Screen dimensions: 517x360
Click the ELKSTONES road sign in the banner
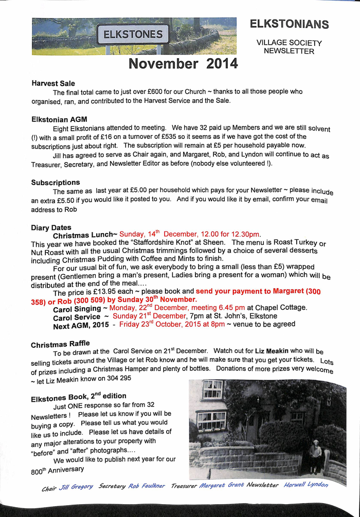[x=133, y=35]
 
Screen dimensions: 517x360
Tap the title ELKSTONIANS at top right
[x=290, y=24]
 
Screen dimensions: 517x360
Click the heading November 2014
[x=183, y=64]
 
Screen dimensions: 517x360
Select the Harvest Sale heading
[x=53, y=83]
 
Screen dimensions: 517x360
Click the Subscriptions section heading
[x=56, y=183]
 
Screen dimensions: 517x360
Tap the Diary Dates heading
[x=51, y=227]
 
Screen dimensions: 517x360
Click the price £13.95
[x=116, y=292]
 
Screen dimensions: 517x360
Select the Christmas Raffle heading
[x=60, y=344]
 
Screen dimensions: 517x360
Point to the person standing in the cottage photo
[x=315, y=456]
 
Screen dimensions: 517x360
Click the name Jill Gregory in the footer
[x=76, y=487]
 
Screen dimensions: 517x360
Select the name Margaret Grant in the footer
[x=221, y=486]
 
